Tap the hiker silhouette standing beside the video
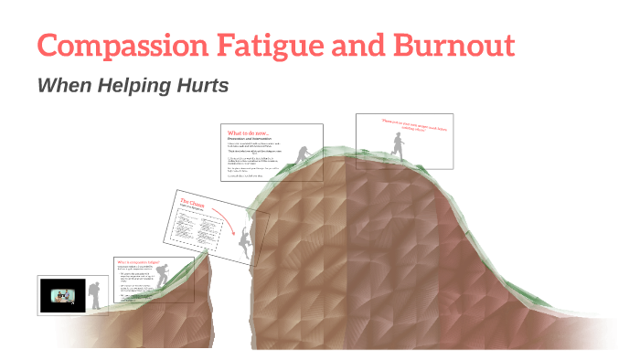95,294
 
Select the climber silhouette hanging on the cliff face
244,244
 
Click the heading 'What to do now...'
248,132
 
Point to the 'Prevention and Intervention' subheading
251,139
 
